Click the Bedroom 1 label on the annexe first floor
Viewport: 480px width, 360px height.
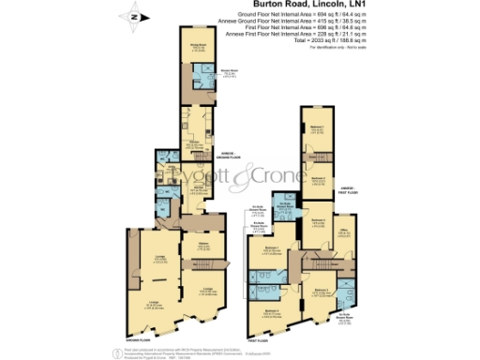coord(318,129)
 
